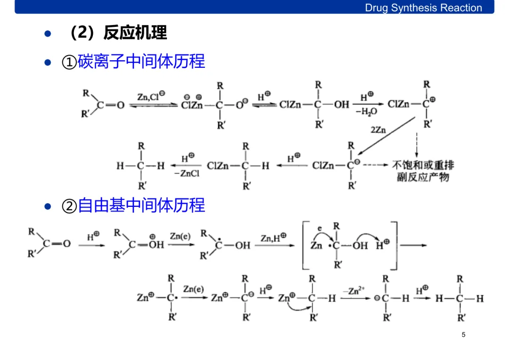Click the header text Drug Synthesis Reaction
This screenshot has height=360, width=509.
click(423, 8)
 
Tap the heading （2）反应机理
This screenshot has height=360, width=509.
click(118, 33)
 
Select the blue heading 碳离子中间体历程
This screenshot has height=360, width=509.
click(141, 62)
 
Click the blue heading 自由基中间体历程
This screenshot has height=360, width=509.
click(141, 205)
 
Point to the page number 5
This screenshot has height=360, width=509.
click(463, 335)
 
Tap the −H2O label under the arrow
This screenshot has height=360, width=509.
click(366, 113)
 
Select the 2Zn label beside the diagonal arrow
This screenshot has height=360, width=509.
click(378, 129)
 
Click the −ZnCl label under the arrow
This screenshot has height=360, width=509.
click(187, 174)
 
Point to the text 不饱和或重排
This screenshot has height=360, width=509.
click(423, 165)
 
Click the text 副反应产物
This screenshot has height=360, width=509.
click(423, 177)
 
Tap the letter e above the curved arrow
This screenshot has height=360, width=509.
click(320, 228)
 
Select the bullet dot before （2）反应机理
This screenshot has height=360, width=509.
click(47, 34)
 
